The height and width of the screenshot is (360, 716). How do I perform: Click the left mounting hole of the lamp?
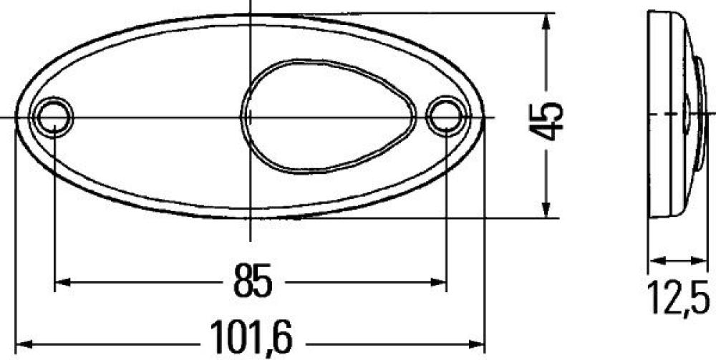(x=54, y=117)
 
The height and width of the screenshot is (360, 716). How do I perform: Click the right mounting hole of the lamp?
(x=444, y=116)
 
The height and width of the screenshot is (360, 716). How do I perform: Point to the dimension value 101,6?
(x=251, y=336)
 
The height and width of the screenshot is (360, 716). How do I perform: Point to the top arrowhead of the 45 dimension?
(x=548, y=19)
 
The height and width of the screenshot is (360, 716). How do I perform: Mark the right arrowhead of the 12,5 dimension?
(x=700, y=260)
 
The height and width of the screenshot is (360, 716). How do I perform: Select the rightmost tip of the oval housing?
(x=484, y=117)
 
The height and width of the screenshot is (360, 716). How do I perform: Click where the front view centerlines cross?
(x=250, y=117)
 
